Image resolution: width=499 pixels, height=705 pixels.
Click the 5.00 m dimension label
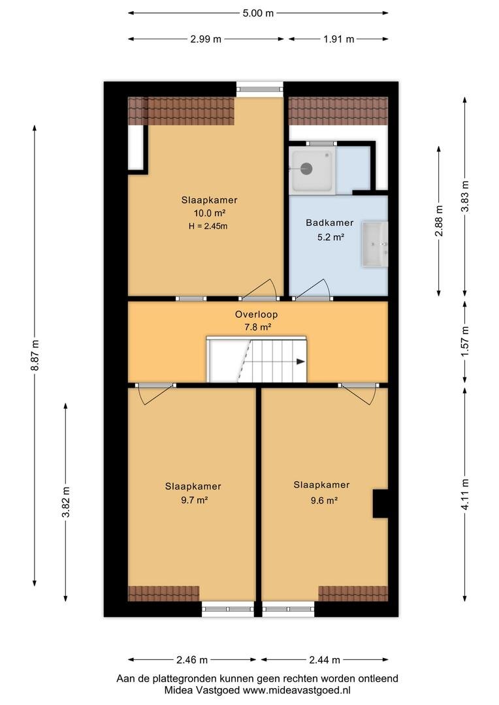[258, 13]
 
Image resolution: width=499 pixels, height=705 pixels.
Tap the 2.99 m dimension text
[206, 39]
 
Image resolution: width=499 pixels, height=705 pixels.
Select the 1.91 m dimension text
[338, 39]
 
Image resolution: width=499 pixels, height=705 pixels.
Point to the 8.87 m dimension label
[35, 355]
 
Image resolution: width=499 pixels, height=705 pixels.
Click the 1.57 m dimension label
[465, 341]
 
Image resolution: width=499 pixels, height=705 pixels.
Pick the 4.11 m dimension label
[465, 494]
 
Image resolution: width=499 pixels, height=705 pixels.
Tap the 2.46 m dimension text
[192, 659]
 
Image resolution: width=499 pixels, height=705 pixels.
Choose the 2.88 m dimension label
[439, 221]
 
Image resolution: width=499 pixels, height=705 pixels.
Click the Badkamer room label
[330, 223]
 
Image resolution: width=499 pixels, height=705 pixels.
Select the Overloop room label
[257, 314]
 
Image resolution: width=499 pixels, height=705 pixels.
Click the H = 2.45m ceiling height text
[208, 226]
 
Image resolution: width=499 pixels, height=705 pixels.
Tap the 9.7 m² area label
[194, 500]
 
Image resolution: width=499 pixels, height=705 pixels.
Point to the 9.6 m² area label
[324, 501]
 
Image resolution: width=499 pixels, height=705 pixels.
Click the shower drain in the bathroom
[306, 168]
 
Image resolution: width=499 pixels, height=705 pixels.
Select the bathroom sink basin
[375, 244]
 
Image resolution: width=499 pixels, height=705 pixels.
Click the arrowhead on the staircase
[300, 362]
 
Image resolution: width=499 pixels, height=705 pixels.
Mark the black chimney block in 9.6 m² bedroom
[380, 503]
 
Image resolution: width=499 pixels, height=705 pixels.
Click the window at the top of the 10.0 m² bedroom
[260, 89]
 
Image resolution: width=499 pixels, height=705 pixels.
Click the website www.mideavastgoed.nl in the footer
[297, 690]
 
